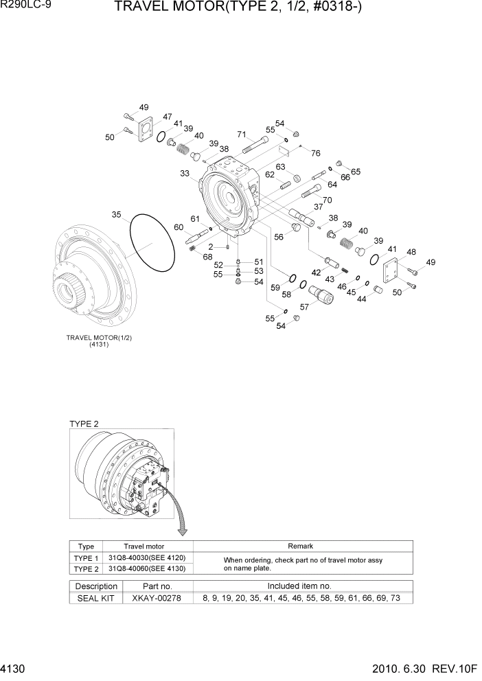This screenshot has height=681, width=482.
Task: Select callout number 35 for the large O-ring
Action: (117, 215)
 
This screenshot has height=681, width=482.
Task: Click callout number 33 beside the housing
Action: (185, 174)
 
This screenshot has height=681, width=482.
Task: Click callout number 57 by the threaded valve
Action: (304, 308)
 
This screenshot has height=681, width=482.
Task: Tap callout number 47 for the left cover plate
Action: (167, 117)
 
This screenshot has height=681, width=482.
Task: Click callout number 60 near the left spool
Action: (179, 227)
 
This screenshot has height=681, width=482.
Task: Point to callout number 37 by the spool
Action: (318, 206)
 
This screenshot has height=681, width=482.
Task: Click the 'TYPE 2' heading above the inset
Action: (84, 424)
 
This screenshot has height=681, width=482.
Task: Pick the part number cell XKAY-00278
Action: (156, 598)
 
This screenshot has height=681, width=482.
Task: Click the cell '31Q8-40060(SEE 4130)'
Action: (147, 568)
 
